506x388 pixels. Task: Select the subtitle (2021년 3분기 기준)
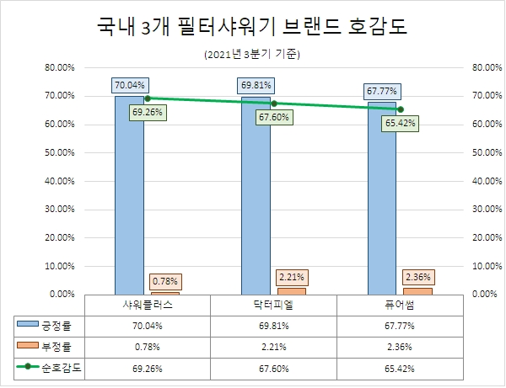tap(252, 55)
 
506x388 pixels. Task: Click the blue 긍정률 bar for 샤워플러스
tap(129, 194)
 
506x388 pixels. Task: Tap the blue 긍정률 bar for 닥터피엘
tap(256, 194)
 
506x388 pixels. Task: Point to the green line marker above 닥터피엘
tap(273, 104)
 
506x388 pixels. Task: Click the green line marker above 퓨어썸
tap(400, 109)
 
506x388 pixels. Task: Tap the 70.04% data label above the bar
tap(130, 84)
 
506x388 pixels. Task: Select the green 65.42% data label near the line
tap(400, 123)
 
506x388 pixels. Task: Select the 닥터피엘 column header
tap(273, 304)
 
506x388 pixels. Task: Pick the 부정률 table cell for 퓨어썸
tap(399, 346)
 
